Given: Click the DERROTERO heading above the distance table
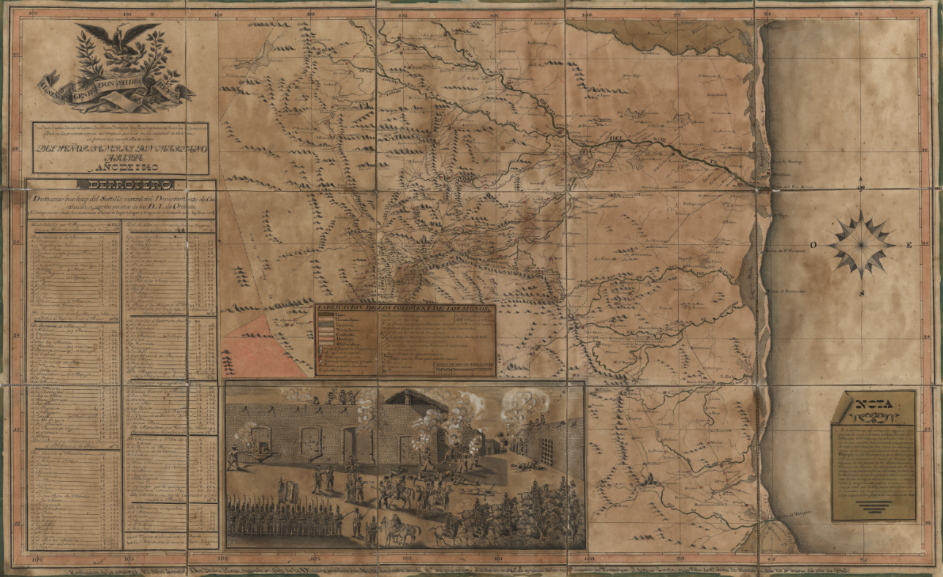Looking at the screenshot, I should point(121,185).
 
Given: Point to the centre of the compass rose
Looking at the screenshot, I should point(861,244).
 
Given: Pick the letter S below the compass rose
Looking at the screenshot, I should point(862,293).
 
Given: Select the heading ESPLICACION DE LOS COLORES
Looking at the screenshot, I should point(405,309).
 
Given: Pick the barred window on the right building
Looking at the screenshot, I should point(543,443).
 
